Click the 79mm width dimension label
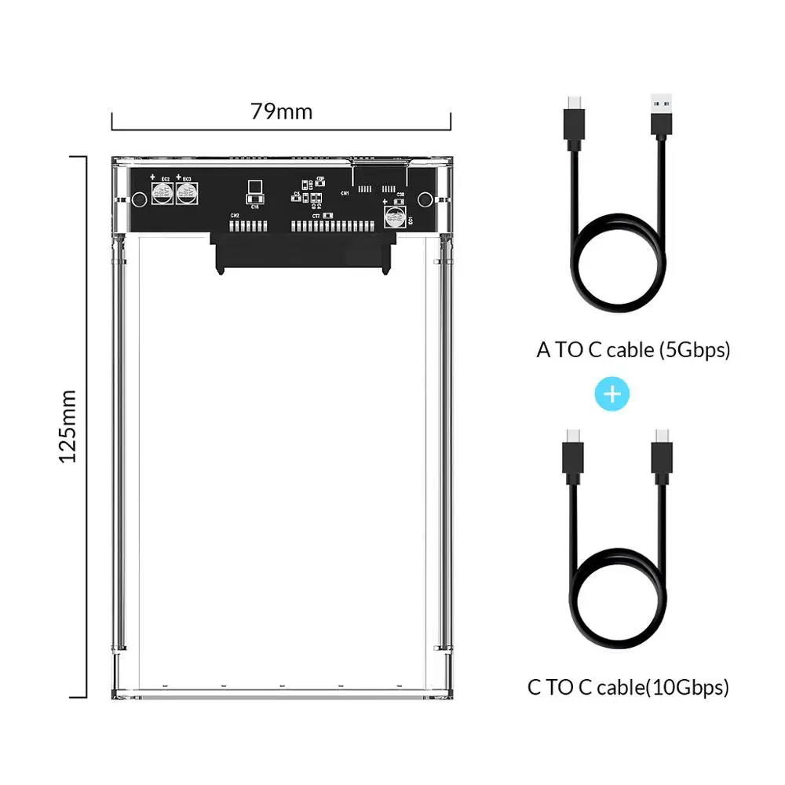pos(281,111)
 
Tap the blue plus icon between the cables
pos(613,393)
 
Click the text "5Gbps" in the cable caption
pos(695,350)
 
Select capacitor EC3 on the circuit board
pos(187,193)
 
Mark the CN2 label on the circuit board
pos(234,215)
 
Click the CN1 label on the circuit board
pos(344,192)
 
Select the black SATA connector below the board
pos(301,253)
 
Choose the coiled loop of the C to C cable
pos(616,604)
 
